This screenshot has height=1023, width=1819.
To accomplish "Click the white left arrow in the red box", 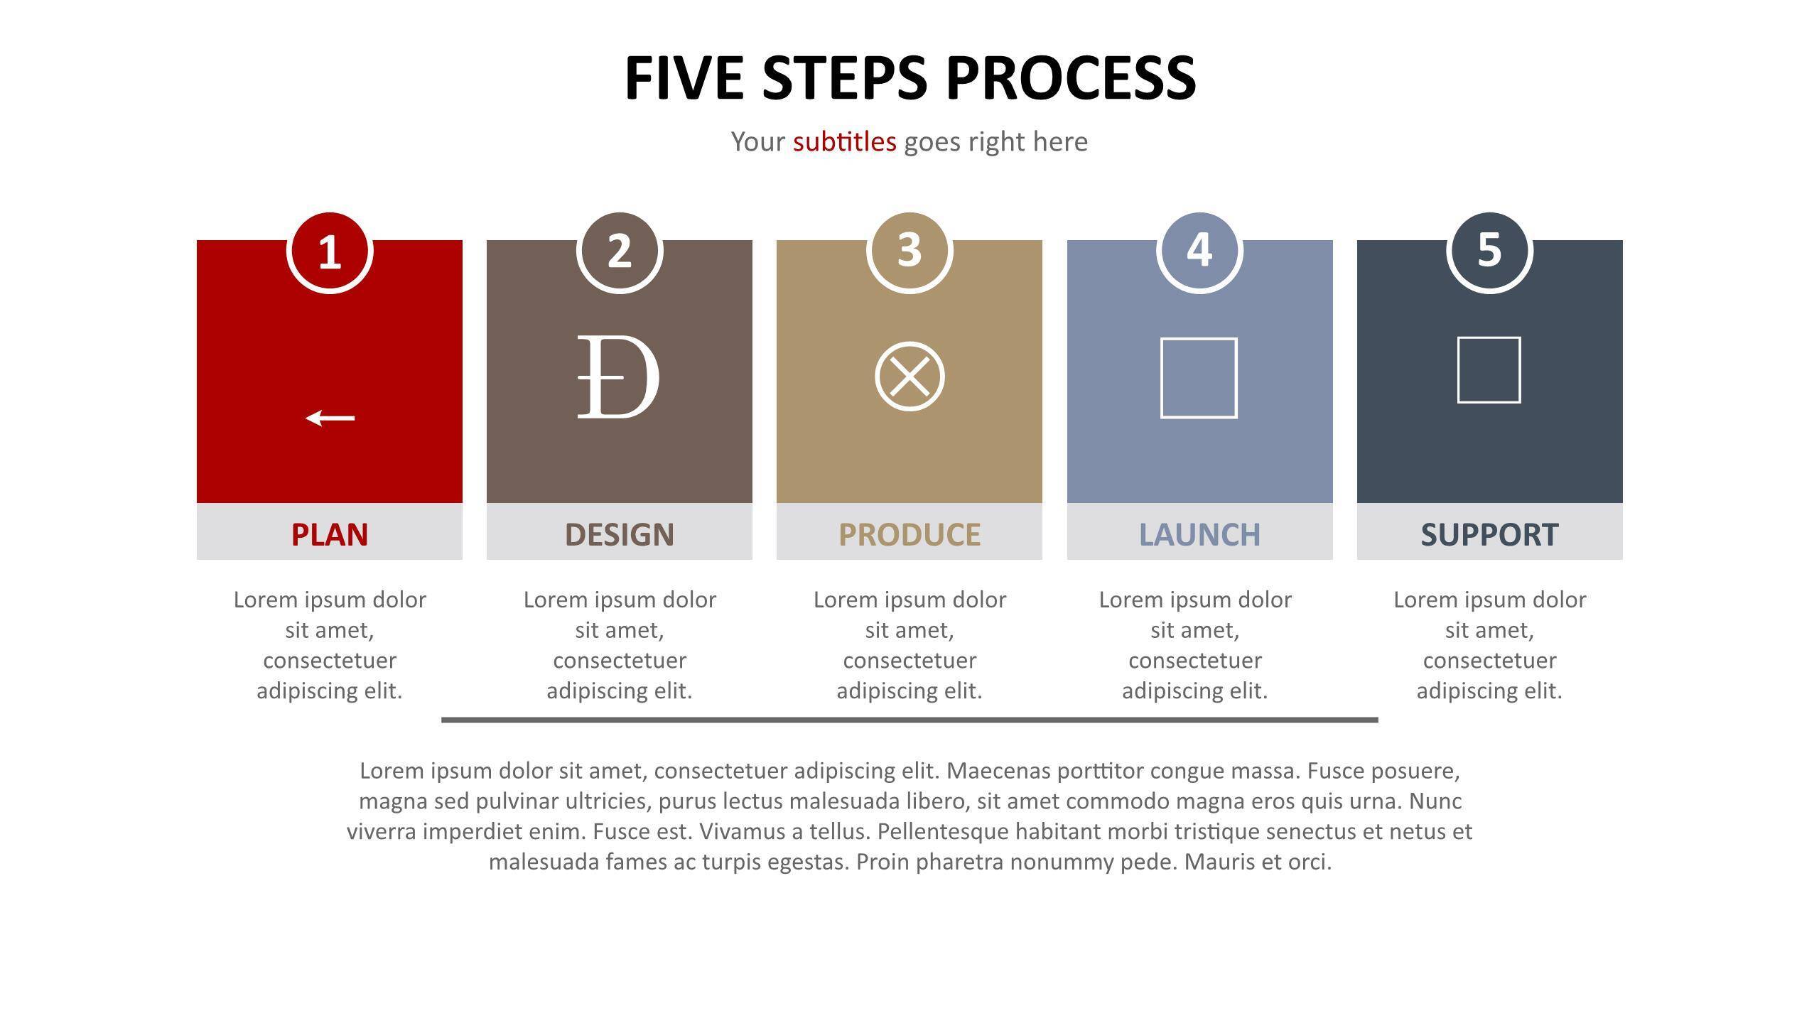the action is (330, 418).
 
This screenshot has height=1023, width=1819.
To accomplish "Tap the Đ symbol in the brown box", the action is (618, 377).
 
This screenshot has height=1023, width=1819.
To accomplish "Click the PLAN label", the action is (330, 534).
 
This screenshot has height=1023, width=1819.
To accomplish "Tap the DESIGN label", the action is (620, 534).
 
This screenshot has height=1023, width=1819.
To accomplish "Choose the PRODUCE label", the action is (909, 534).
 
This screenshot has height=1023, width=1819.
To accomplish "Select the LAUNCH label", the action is (1199, 534).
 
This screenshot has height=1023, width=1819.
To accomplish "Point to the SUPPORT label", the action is (1489, 534).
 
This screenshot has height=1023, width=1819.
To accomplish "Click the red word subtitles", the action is (845, 141).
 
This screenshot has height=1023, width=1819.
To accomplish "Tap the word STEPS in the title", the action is (845, 77).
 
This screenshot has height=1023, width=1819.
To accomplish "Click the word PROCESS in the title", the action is (1072, 77).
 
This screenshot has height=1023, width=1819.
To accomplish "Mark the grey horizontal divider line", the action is (909, 720).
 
